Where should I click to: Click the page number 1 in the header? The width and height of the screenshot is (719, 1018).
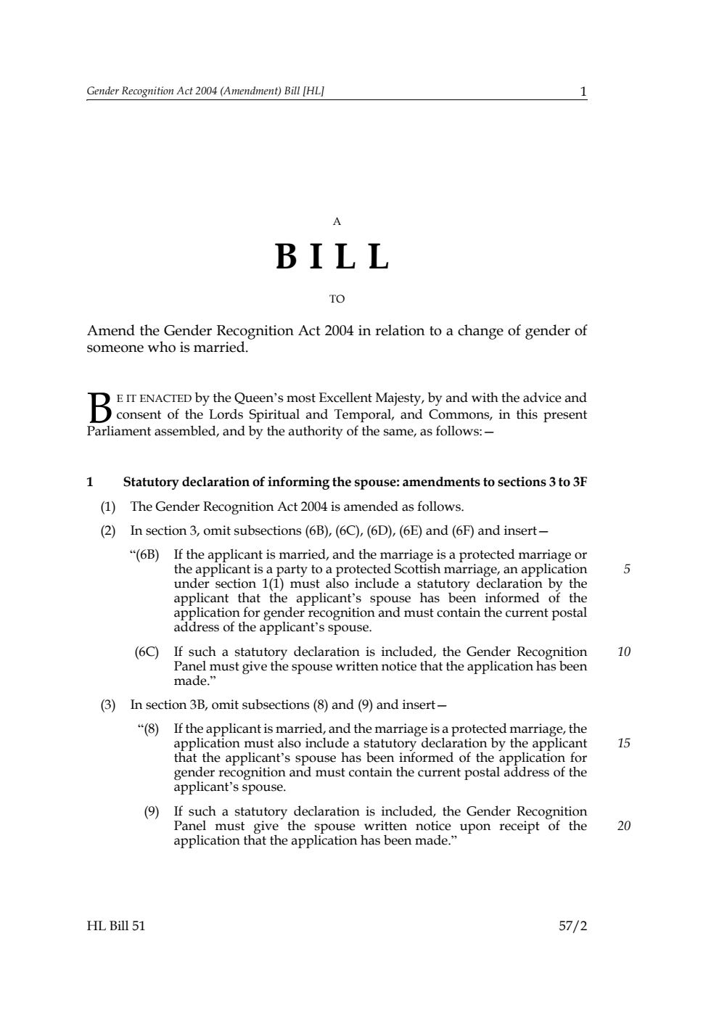point(583,91)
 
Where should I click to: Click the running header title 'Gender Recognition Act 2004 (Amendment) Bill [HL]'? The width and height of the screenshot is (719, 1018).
point(205,91)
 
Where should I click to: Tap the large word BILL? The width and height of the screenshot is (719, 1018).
point(333,257)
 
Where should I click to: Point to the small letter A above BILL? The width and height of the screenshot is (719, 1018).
point(337,222)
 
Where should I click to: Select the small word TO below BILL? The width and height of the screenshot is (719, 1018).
point(337,299)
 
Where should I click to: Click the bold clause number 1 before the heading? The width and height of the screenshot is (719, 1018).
point(90,482)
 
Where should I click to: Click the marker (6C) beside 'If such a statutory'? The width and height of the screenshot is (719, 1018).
point(147,652)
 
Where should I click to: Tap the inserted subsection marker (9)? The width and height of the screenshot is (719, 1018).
point(151,811)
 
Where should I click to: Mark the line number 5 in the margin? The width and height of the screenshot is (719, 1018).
point(627,570)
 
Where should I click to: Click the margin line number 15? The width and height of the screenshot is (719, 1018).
point(624,744)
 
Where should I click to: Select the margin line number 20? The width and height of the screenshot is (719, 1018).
point(624,826)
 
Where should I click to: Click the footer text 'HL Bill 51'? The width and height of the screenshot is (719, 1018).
point(116,926)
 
